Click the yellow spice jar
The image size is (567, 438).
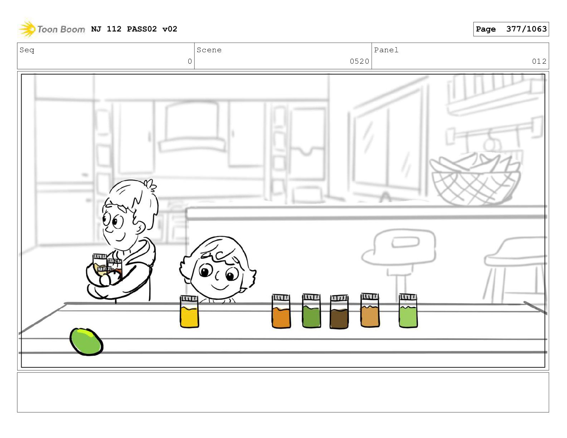tap(189, 311)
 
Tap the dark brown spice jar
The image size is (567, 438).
tap(339, 312)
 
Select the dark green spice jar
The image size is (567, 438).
tap(311, 311)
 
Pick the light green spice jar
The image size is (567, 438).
tap(408, 311)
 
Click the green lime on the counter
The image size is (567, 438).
tap(86, 341)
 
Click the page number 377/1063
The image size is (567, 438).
tap(526, 29)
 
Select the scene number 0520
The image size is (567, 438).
tap(359, 61)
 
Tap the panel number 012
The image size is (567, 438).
tap(539, 61)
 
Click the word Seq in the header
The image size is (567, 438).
tap(27, 50)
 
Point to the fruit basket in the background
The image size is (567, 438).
tap(475, 179)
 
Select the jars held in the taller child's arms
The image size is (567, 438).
tap(107, 266)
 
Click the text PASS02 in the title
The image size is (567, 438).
tap(142, 29)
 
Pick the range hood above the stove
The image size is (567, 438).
tap(192, 127)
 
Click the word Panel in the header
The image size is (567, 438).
tap(386, 50)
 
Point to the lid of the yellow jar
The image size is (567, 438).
tap(189, 298)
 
